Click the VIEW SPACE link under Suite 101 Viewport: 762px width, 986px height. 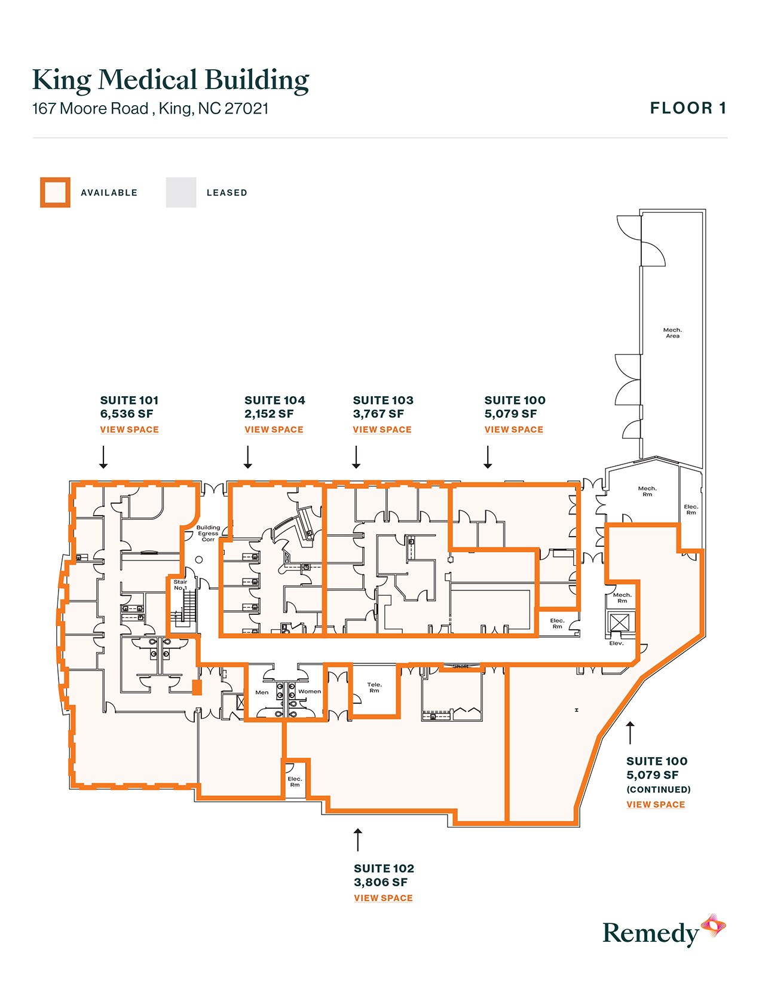[x=129, y=430]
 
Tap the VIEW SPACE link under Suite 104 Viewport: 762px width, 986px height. [x=274, y=430]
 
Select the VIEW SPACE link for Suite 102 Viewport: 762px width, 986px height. [x=383, y=898]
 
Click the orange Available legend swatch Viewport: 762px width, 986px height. [x=55, y=192]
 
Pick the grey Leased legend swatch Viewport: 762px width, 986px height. [x=181, y=192]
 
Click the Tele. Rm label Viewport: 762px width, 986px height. [x=374, y=688]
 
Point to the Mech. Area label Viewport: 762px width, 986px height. [x=672, y=333]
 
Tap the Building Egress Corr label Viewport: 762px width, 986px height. [x=208, y=534]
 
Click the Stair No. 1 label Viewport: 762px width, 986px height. [x=180, y=585]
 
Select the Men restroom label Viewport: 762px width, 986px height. [x=262, y=693]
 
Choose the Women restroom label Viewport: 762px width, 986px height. [x=310, y=691]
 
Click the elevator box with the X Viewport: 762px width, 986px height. [x=620, y=623]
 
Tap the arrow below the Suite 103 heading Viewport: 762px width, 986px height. [x=356, y=457]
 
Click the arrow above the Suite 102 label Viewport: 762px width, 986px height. [x=358, y=840]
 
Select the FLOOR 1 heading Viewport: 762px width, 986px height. [x=688, y=108]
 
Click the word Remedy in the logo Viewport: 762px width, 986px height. [x=650, y=933]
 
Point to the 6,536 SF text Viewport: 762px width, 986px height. [x=127, y=414]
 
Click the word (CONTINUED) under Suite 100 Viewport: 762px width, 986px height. [x=658, y=789]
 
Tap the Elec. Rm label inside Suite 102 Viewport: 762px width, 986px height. [x=295, y=782]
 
